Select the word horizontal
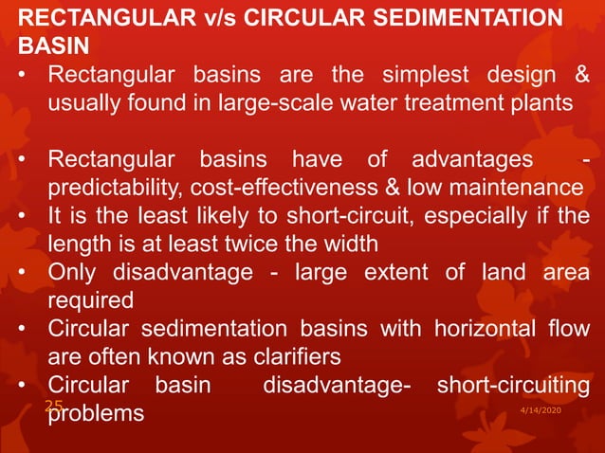[x=477, y=333]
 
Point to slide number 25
[x=53, y=406]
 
